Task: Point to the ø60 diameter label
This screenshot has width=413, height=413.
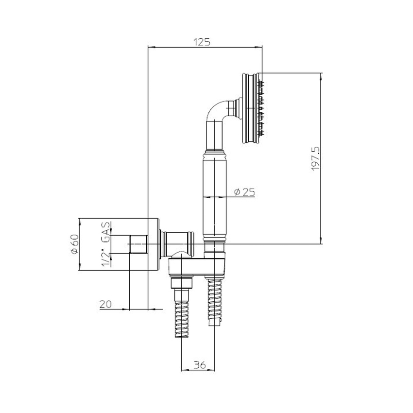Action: tap(74, 244)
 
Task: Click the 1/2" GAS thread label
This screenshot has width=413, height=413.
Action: tap(105, 243)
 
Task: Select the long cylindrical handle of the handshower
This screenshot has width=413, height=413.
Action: tap(214, 194)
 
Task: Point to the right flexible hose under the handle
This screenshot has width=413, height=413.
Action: tap(214, 301)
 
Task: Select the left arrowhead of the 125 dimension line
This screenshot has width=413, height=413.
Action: tap(150, 47)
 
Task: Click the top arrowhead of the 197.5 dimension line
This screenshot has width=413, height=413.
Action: tap(321, 76)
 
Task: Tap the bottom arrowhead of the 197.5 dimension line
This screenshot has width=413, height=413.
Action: tap(321, 241)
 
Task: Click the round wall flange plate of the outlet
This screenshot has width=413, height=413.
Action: tap(154, 243)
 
